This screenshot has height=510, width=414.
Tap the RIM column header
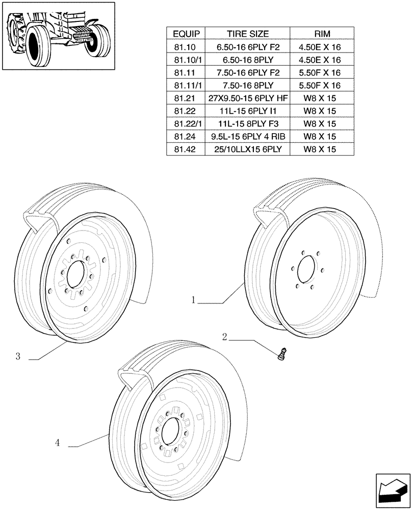[322, 34]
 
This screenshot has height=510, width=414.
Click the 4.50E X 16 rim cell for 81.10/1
[322, 60]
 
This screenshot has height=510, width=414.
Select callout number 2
[224, 337]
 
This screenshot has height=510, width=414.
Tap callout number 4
[58, 444]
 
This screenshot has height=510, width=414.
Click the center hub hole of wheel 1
[307, 269]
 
